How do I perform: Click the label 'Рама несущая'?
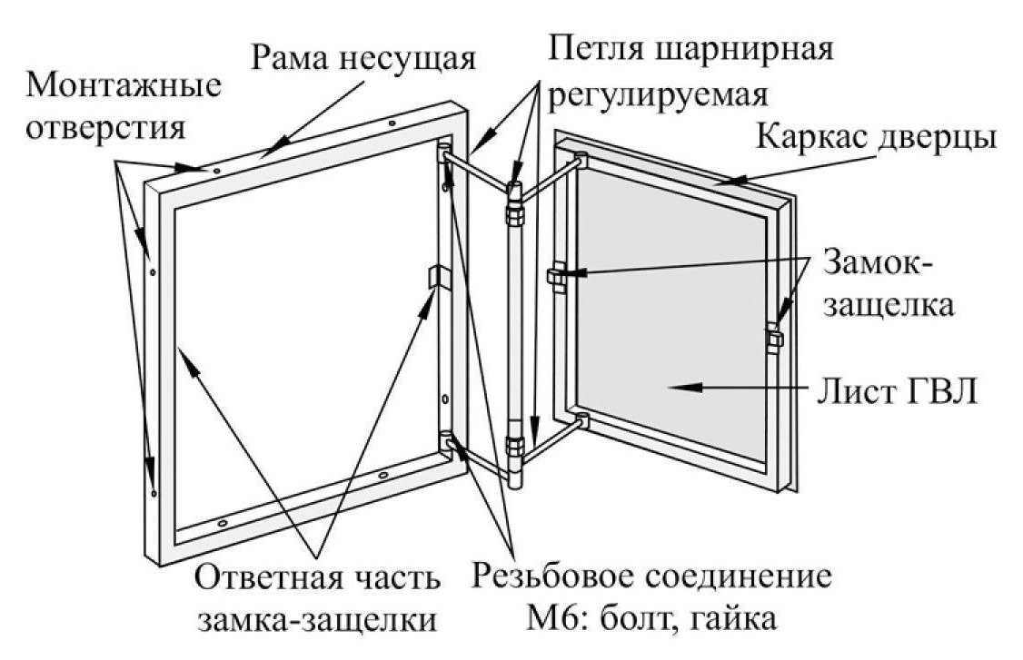363,59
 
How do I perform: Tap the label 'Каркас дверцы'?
877,139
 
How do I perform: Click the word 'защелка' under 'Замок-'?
889,304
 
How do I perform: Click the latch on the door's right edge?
773,338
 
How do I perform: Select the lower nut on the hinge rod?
514,447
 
